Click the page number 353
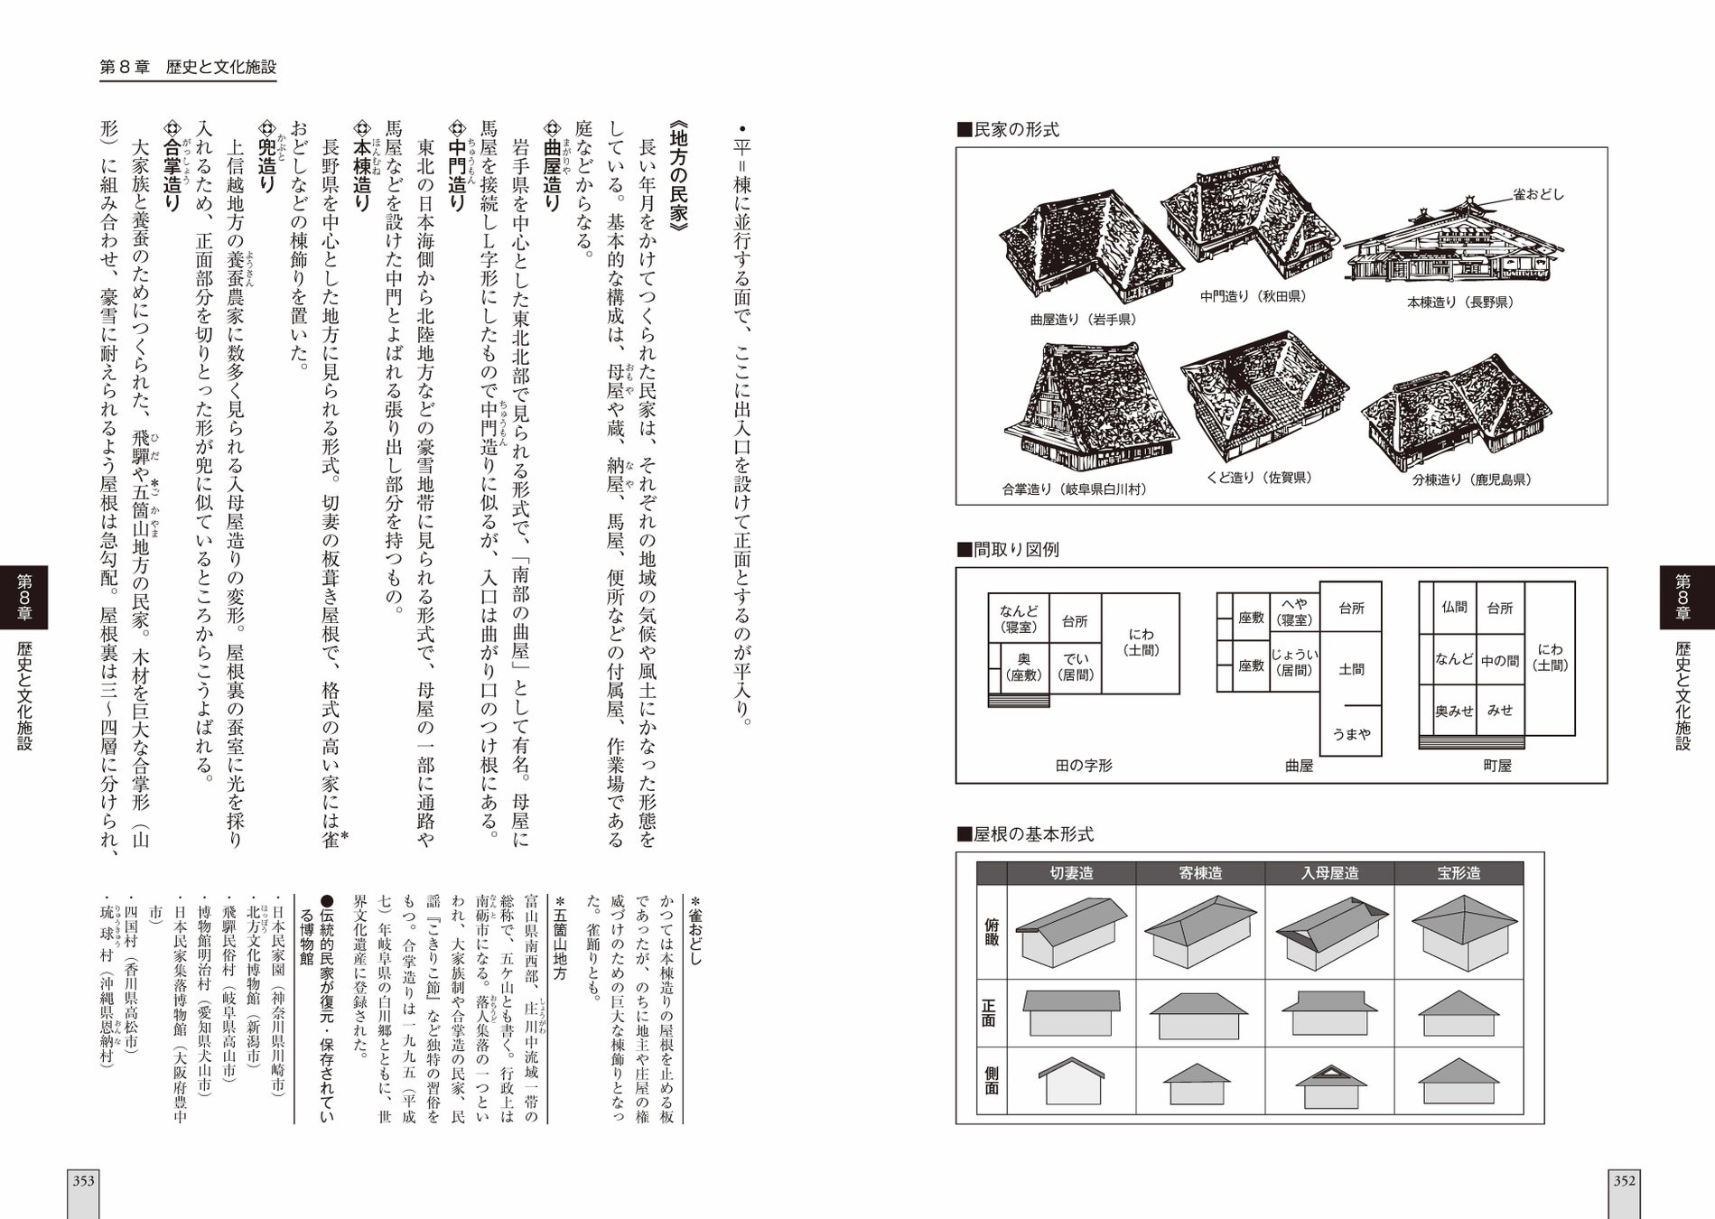84,1180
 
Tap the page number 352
1625,1180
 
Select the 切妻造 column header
1071,873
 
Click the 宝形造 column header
1459,873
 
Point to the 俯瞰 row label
992,932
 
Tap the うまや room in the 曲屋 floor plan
1351,734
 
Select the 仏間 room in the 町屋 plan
1454,609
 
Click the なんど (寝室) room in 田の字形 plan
1019,619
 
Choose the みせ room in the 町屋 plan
1500,711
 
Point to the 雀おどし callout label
1538,194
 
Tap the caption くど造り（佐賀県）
1259,478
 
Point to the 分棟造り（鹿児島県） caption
1471,479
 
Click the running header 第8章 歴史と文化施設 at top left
187,67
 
